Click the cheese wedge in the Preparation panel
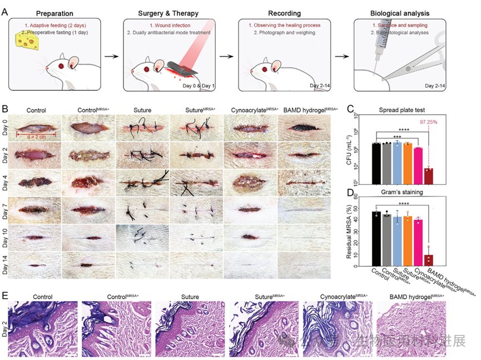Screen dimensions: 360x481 (x=25, y=41)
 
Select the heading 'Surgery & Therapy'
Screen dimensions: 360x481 (x=170, y=12)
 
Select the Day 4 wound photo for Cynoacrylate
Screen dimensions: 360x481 (x=250, y=182)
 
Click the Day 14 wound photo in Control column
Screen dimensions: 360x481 (x=35, y=264)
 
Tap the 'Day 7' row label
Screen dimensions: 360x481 (x=6, y=209)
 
